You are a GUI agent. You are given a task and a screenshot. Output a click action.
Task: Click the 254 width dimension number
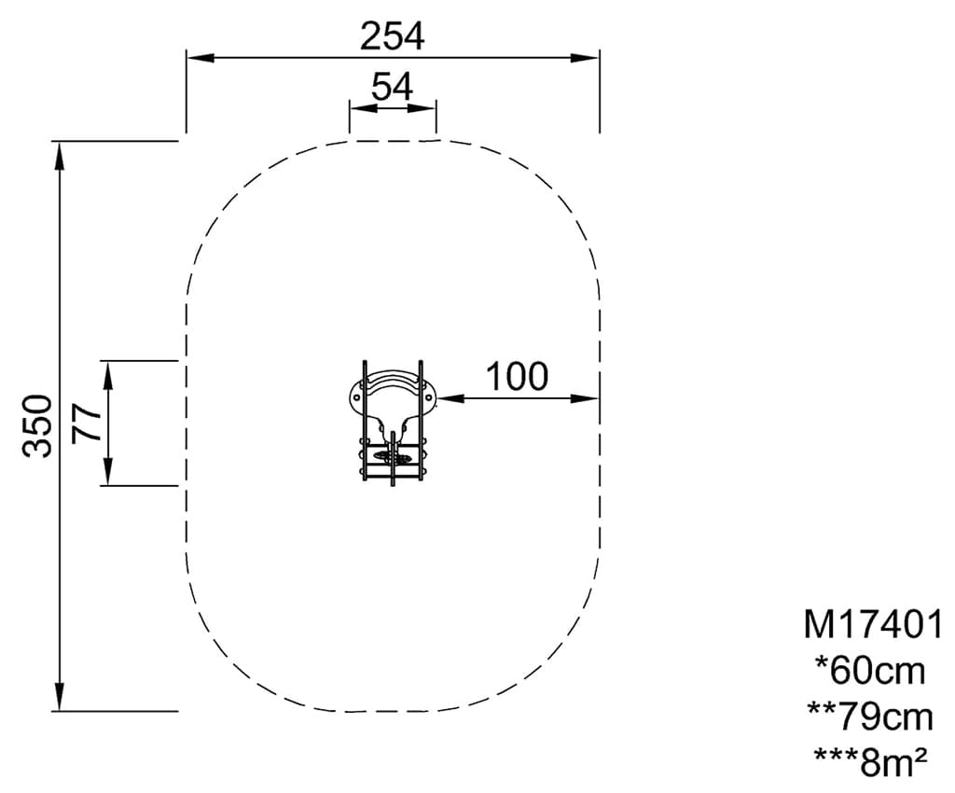[x=392, y=36]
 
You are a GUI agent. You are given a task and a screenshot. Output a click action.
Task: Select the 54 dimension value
[x=392, y=87]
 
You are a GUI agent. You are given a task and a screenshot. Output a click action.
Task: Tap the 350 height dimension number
[x=37, y=425]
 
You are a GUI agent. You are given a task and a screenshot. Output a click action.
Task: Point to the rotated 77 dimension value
[x=87, y=423]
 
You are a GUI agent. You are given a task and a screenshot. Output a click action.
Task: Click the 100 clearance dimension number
[x=517, y=377]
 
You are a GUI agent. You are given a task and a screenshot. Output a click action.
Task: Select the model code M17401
[x=873, y=624]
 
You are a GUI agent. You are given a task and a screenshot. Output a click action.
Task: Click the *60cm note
[x=870, y=670]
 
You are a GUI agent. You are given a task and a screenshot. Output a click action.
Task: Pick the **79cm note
[x=870, y=716]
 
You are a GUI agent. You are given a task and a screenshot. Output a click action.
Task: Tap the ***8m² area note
[x=869, y=762]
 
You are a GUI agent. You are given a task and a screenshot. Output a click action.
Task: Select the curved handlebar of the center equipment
[x=393, y=383]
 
